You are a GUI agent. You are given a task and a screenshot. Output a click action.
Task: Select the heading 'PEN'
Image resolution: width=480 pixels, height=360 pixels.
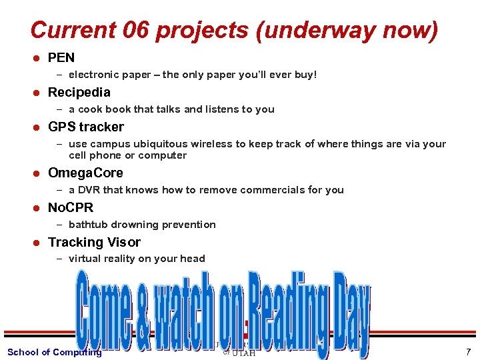click(61, 58)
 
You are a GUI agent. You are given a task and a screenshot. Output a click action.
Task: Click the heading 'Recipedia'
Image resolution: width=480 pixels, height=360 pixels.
click(79, 92)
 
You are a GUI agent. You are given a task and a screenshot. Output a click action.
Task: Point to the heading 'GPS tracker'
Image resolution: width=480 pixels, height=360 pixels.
click(86, 127)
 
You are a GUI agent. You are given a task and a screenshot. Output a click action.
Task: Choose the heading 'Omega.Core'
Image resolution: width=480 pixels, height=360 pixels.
click(85, 173)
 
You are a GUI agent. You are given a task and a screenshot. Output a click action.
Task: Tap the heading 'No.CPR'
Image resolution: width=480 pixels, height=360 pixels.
click(71, 207)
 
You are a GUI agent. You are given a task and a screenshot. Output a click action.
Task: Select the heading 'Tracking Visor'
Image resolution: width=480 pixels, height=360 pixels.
click(94, 242)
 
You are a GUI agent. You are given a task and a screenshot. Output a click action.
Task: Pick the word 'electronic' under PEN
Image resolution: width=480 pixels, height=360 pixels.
click(93, 75)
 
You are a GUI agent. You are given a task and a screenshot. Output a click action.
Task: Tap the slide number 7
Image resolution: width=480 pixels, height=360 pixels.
click(468, 352)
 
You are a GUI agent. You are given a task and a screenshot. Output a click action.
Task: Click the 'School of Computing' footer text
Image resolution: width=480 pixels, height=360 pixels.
click(54, 352)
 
